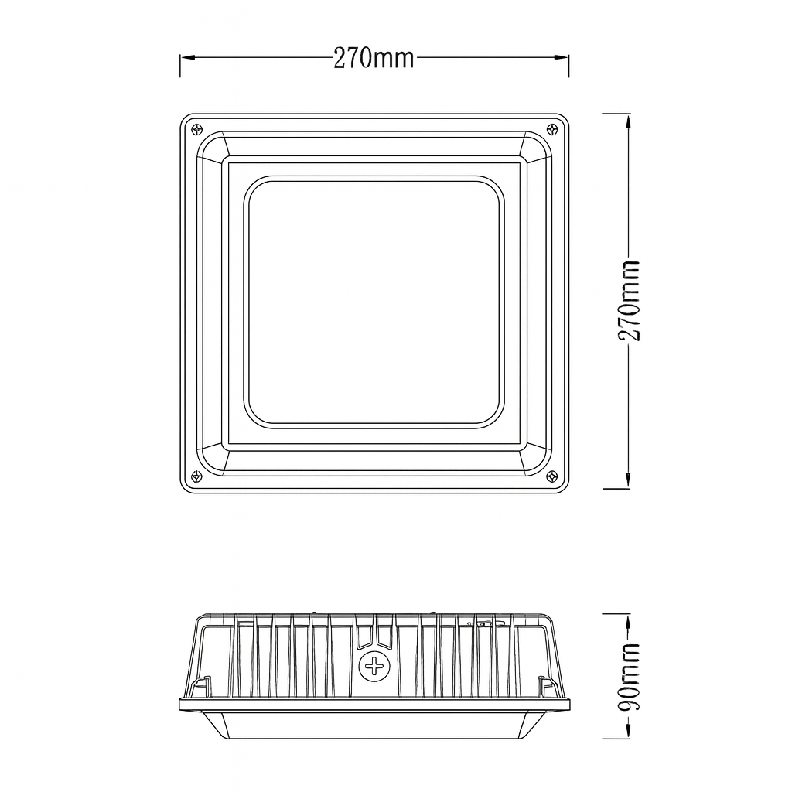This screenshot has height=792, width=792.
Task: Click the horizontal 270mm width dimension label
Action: click(374, 58)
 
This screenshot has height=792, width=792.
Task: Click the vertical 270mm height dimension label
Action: click(629, 301)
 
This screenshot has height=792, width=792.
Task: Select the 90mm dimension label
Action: click(629, 676)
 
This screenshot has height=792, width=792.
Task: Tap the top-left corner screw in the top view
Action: click(197, 129)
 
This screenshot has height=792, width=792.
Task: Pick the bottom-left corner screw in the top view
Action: click(197, 475)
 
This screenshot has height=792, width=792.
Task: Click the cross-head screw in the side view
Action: click(374, 665)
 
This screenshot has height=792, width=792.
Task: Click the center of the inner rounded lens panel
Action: click(374, 301)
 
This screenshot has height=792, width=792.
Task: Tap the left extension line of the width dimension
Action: click(180, 66)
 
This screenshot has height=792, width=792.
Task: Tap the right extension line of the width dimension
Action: click(569, 66)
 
